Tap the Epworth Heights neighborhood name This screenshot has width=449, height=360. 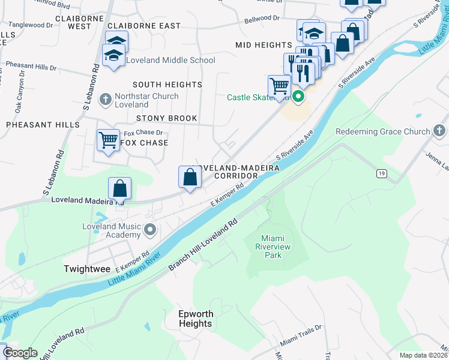(195, 319)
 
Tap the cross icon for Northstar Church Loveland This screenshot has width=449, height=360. (105, 100)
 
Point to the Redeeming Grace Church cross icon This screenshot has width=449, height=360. (439, 131)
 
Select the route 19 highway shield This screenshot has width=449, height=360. (381, 173)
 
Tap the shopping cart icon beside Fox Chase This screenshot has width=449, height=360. (108, 140)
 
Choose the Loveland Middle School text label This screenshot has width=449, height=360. (170, 61)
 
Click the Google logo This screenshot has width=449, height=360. (20, 353)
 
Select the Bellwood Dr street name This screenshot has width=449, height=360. (262, 20)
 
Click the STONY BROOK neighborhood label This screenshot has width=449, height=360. (166, 118)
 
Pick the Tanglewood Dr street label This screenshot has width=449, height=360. (31, 25)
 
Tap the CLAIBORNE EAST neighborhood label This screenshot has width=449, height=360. (143, 26)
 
